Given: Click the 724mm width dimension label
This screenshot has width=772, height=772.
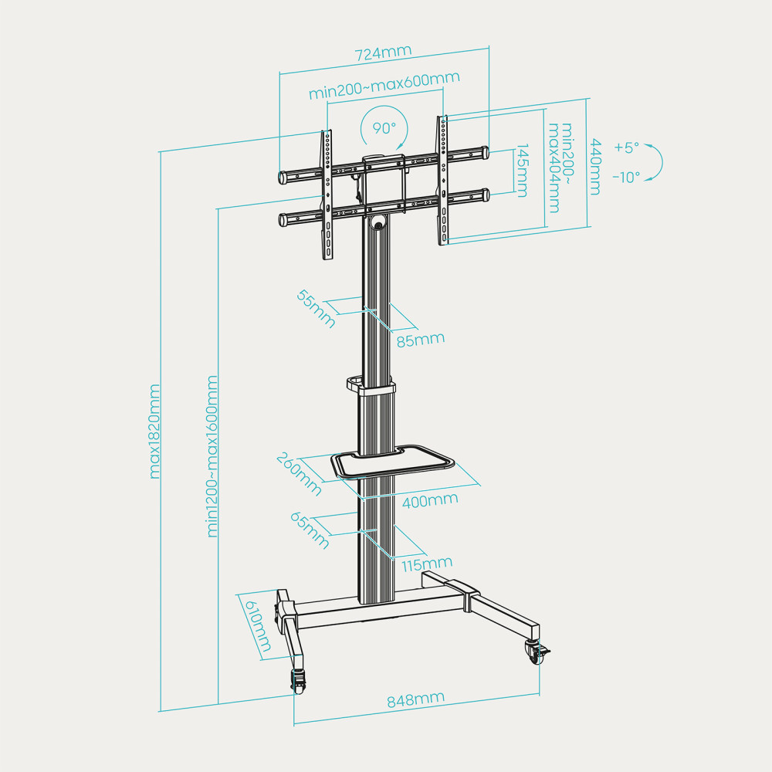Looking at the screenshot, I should (383, 53).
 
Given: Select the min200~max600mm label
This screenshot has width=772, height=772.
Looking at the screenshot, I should (384, 85).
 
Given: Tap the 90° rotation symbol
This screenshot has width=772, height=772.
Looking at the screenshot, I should (384, 128).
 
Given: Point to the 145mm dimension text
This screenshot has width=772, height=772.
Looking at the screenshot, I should (522, 171).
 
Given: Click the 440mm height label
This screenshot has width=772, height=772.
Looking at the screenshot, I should (595, 166).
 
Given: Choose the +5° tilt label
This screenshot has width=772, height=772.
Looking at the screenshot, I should (627, 147).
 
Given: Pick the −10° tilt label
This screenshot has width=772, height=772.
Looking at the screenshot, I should (626, 177).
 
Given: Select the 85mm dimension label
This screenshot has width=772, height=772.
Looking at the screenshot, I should (422, 338).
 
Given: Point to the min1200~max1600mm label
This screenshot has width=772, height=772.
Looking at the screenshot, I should (212, 455).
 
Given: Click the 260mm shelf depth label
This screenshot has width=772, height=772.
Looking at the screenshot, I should (299, 473).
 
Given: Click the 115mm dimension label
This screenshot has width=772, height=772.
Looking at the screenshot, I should (426, 564).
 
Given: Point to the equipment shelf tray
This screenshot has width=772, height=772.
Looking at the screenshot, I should (392, 462).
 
